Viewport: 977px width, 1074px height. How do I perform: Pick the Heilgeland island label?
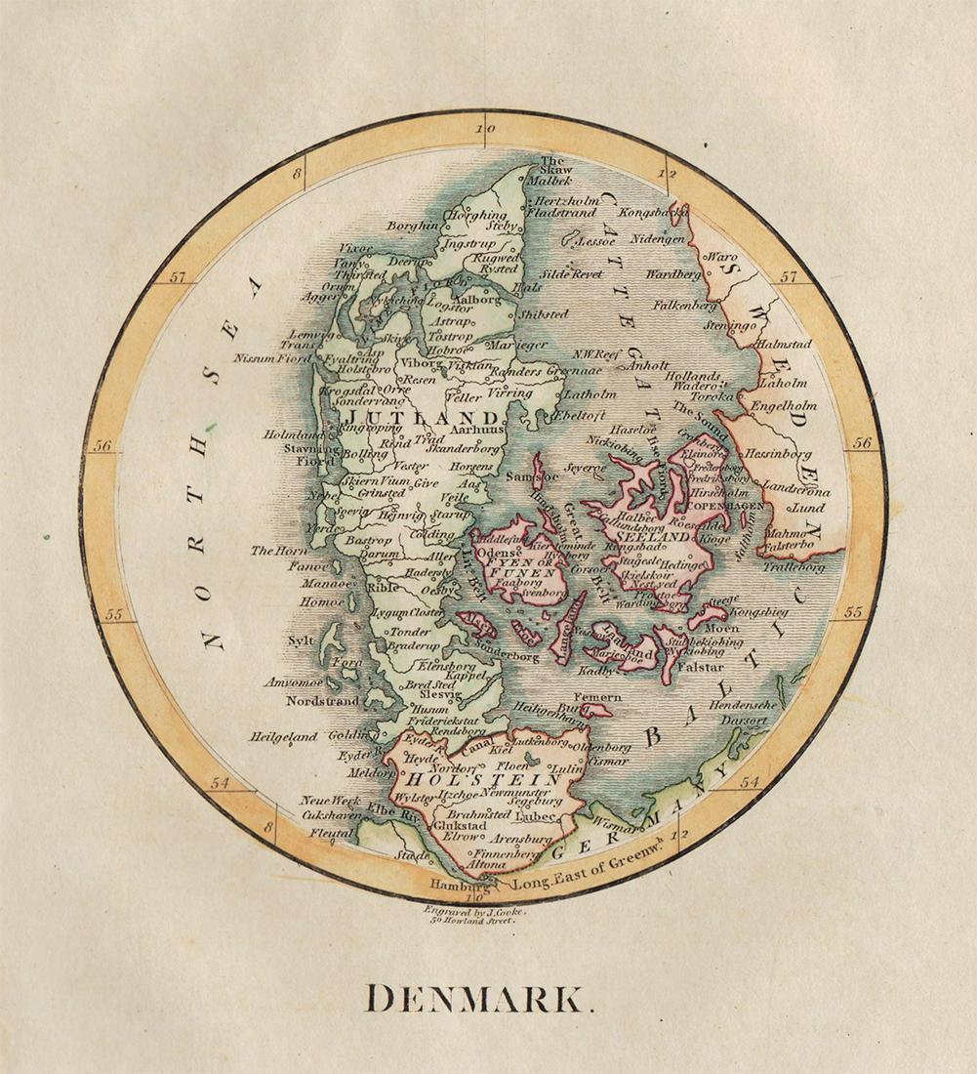click(x=284, y=737)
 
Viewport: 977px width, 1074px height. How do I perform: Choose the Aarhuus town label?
click(x=475, y=429)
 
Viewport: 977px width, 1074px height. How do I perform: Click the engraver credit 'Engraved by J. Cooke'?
click(x=475, y=910)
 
